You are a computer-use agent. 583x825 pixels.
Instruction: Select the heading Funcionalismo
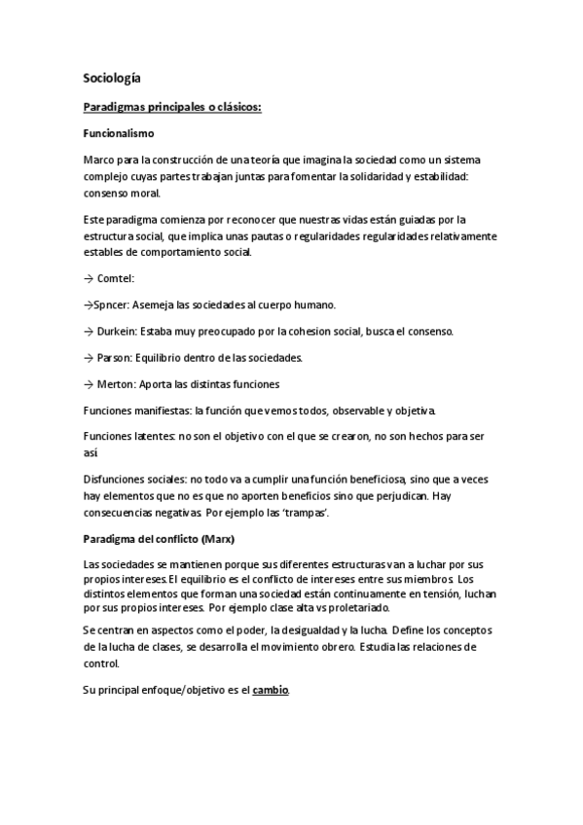click(120, 132)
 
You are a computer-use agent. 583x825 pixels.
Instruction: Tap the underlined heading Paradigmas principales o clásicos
click(173, 106)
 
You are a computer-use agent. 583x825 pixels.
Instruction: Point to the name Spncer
click(109, 305)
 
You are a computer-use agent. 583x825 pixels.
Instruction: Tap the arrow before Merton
click(90, 383)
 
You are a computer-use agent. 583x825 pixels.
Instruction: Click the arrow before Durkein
click(90, 331)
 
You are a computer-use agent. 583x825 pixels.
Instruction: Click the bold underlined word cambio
click(271, 690)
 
